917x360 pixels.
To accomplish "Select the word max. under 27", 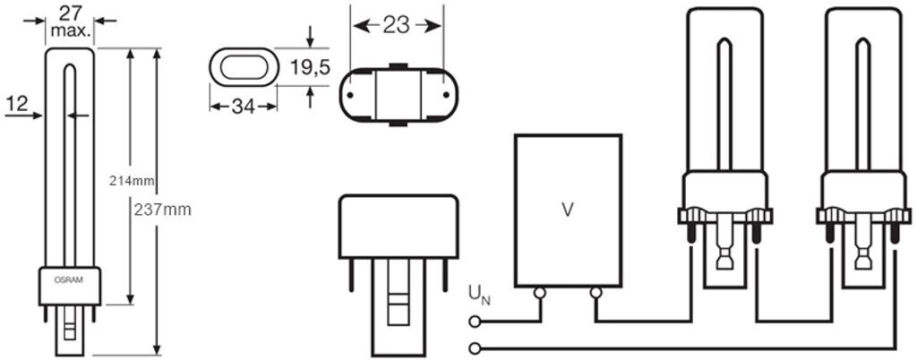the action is tap(70, 30).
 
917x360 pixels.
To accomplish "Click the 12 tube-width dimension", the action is tap(16, 104).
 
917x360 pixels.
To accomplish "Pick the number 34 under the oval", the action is tap(243, 107).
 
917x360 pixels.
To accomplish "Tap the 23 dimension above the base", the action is tap(396, 25).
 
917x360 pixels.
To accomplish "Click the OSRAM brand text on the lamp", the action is tap(70, 280).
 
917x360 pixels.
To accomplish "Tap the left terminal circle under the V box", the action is tap(540, 293).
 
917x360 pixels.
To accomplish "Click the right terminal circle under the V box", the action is tap(596, 293).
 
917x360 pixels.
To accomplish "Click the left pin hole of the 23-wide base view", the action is tap(351, 92).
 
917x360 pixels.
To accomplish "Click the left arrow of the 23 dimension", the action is tap(356, 26).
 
